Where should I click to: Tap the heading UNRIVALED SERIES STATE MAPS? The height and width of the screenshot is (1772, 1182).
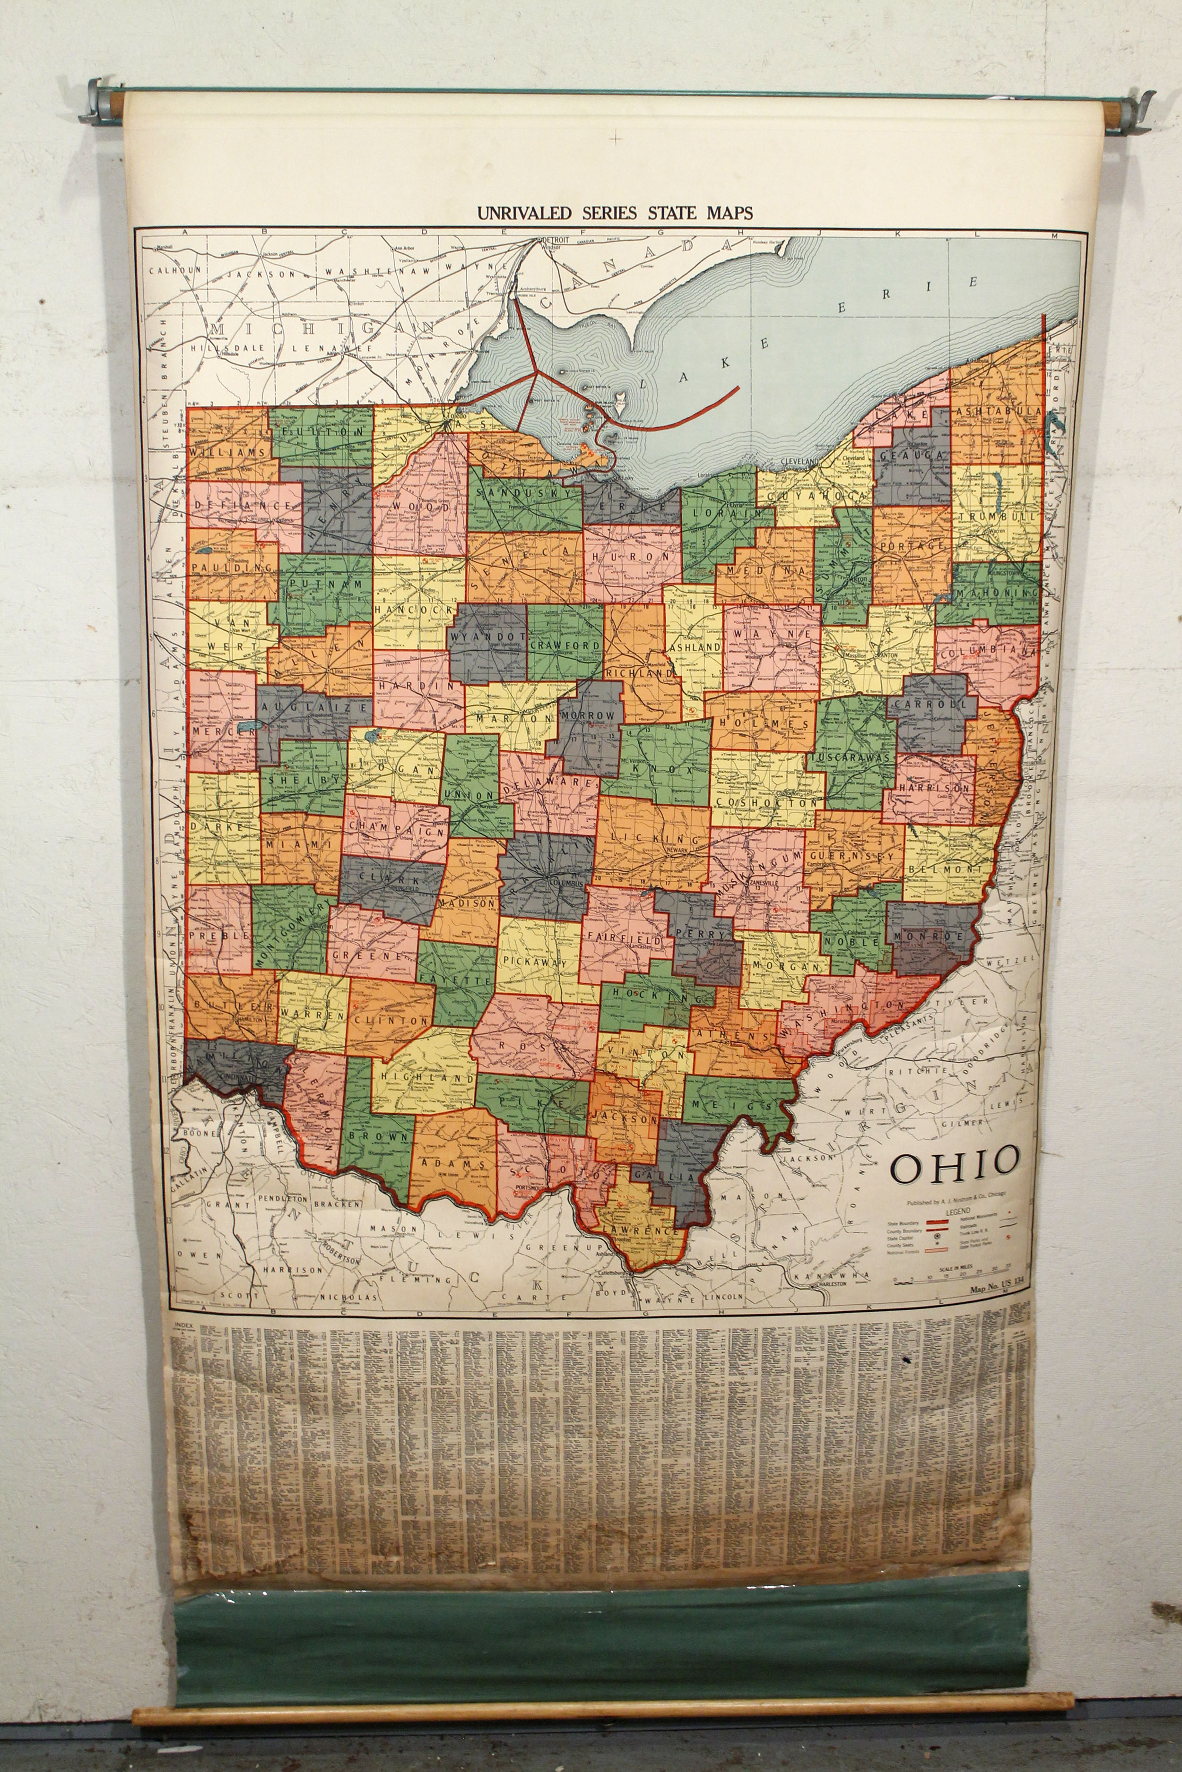point(614,213)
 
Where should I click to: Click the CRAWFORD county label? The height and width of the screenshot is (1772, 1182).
point(565,645)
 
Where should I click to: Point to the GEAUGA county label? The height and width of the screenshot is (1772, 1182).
point(912,456)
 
